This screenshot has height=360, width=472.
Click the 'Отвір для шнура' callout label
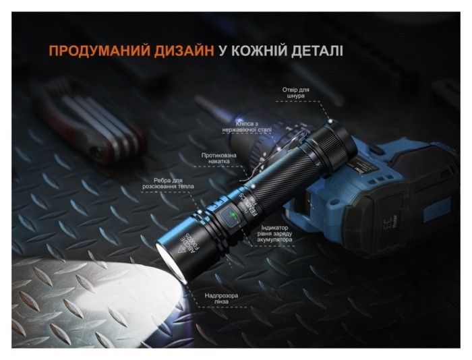[x=295, y=92]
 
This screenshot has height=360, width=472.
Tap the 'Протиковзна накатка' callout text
[x=218, y=159]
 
